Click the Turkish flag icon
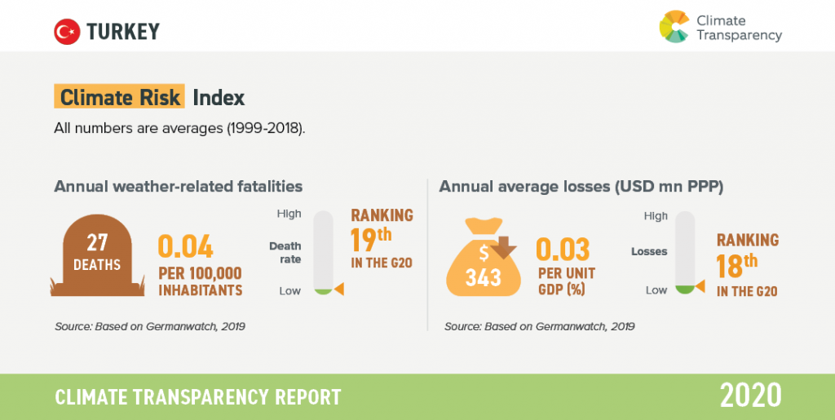66,32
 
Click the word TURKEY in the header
123,32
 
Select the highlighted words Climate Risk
119,98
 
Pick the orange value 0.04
185,246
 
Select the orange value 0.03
563,249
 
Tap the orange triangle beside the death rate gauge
339,290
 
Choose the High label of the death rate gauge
289,214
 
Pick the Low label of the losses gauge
656,290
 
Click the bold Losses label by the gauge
649,252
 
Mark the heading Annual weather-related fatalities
178,187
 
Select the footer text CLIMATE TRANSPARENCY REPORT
198,397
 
